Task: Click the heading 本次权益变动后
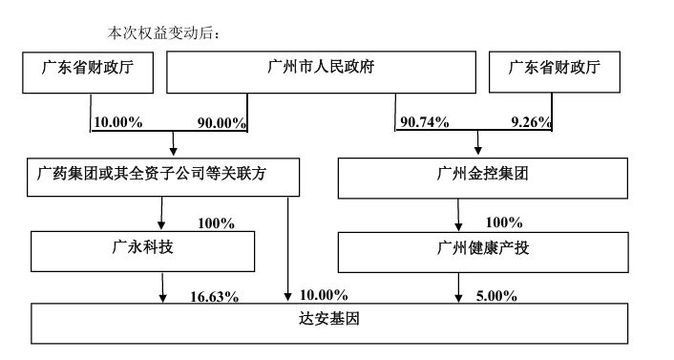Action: [164, 33]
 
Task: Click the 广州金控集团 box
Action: [482, 178]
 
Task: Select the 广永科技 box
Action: [143, 250]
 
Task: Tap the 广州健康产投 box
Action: [482, 250]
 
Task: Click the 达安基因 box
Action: [330, 322]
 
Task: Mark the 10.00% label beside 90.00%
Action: [117, 124]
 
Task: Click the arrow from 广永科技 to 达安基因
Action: [163, 286]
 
